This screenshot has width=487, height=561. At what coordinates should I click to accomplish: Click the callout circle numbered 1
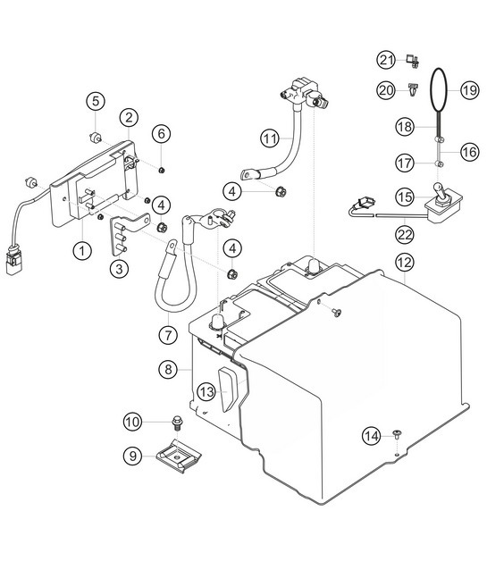[x=81, y=251]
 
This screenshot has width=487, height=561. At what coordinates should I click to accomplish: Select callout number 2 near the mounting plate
[x=130, y=117]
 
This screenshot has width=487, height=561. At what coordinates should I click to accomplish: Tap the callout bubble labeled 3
[x=119, y=266]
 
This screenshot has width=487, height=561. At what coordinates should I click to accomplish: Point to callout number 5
[x=96, y=100]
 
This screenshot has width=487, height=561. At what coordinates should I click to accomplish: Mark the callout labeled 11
[x=270, y=138]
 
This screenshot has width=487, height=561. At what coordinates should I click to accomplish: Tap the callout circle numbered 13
[x=206, y=390]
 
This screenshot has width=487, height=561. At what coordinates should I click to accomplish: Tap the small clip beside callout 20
[x=411, y=90]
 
